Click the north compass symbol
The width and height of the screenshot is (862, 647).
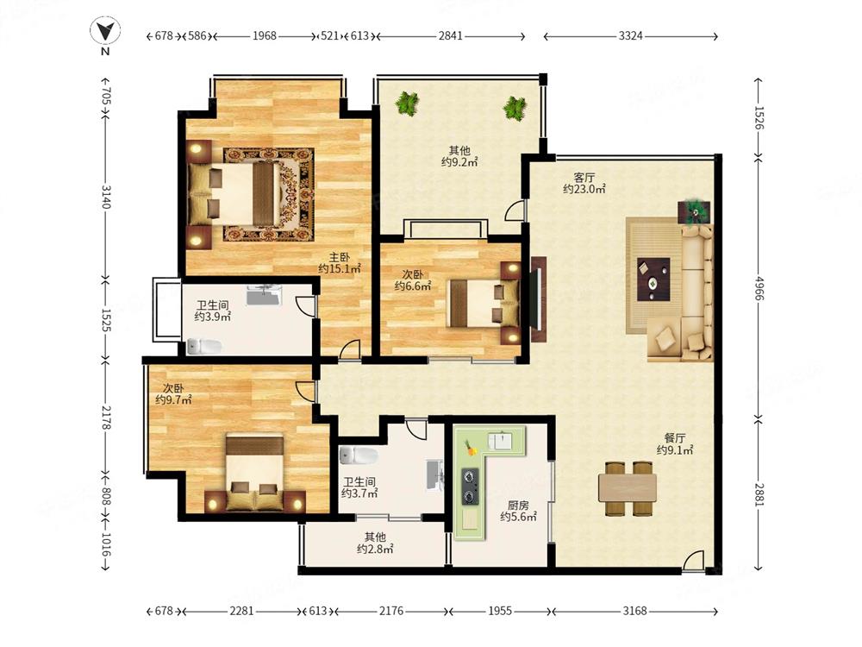[105, 32]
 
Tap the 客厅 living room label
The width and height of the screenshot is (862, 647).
[584, 178]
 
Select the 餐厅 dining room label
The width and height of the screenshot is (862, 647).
[675, 438]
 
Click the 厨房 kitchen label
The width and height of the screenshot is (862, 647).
[518, 505]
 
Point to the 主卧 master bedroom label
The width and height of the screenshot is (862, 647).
[339, 257]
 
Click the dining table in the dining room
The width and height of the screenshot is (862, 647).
[628, 487]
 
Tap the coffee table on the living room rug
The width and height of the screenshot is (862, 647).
[653, 279]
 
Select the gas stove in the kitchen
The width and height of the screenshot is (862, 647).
[470, 487]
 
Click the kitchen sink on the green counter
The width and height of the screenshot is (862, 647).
[501, 441]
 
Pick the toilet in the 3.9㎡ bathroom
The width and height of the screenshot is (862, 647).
[204, 347]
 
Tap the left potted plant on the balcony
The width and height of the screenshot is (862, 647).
[408, 104]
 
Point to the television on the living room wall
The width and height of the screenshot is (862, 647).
[538, 300]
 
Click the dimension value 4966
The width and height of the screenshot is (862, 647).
[759, 288]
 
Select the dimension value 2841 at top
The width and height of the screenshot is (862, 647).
[450, 35]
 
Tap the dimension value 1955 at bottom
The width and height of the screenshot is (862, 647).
[500, 611]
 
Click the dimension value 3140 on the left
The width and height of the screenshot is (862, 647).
[106, 197]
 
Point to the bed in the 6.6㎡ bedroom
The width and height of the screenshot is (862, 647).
[484, 304]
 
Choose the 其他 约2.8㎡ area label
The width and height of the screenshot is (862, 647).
[375, 543]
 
